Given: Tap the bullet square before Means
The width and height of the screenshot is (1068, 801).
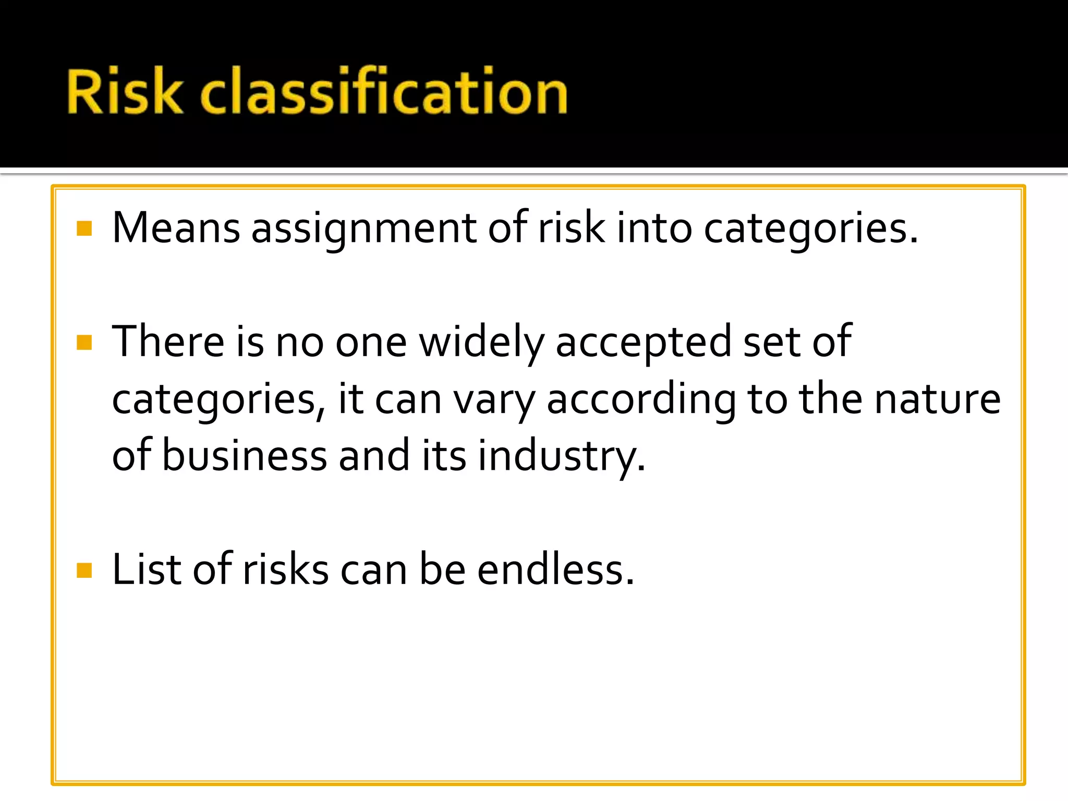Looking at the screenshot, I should [84, 228].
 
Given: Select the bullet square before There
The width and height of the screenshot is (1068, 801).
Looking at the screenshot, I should [84, 343].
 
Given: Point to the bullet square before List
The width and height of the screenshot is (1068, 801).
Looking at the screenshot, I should [84, 571].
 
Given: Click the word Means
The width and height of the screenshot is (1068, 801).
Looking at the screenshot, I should [176, 228].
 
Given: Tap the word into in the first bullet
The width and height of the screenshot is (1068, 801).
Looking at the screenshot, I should [654, 228].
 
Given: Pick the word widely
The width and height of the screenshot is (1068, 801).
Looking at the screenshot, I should [481, 343].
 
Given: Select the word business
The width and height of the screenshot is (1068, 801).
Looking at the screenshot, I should [245, 455].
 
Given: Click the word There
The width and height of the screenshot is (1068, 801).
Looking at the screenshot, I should [168, 342].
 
